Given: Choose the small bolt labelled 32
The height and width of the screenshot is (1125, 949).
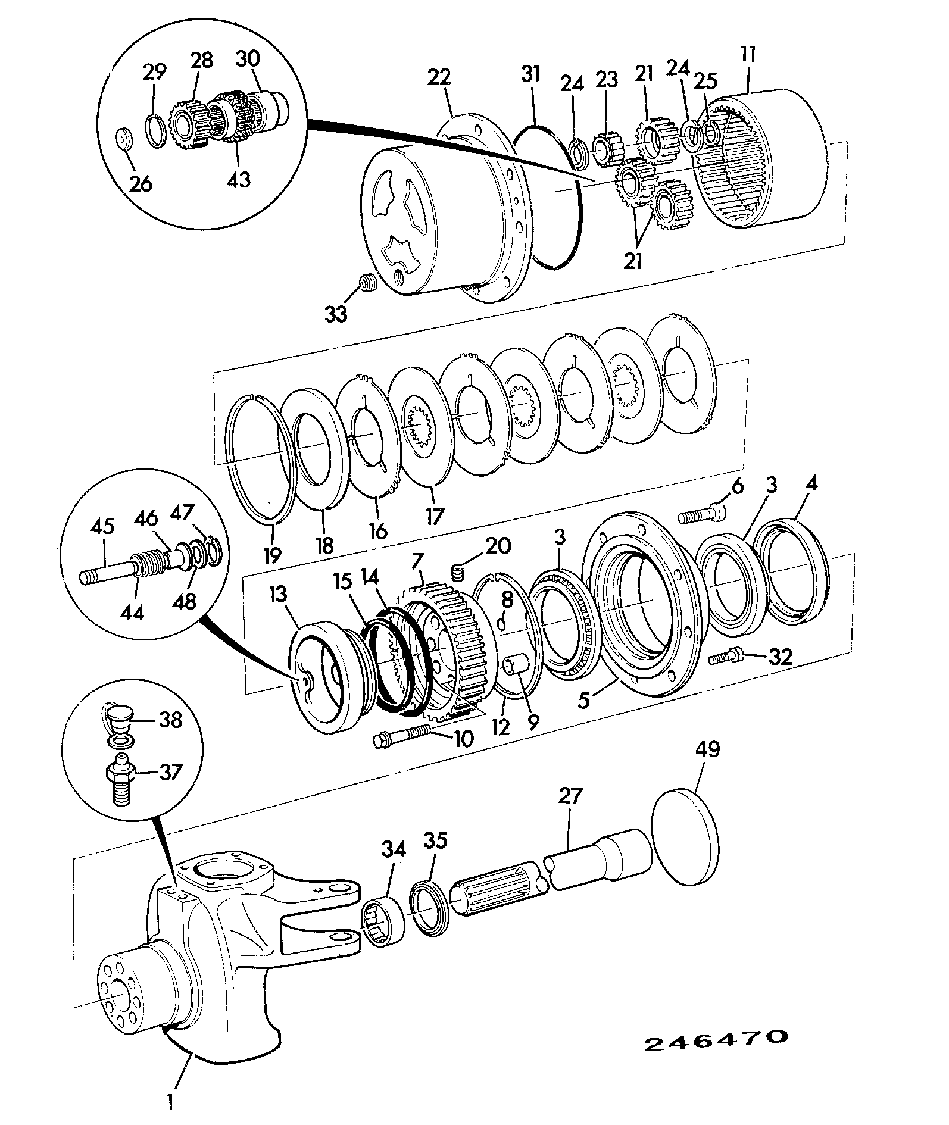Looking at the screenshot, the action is point(726,657).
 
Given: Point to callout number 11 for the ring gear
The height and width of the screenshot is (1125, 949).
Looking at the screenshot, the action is point(747,56).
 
